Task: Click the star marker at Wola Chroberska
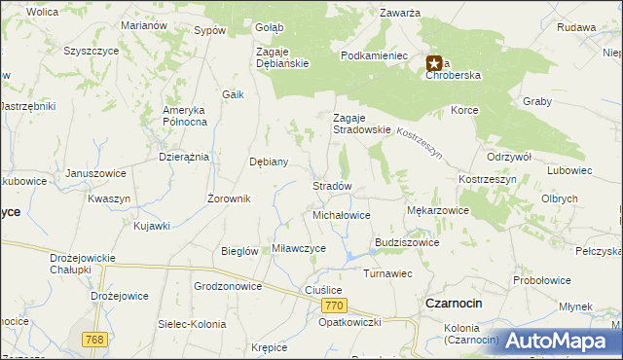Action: pyautogui.click(x=433, y=64)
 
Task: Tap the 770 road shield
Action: pyautogui.click(x=333, y=306)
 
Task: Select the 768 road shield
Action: pyautogui.click(x=93, y=339)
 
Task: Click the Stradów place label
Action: pyautogui.click(x=331, y=185)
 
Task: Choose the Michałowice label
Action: pyautogui.click(x=342, y=214)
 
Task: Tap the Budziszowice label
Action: pyautogui.click(x=407, y=242)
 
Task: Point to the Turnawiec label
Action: pyautogui.click(x=389, y=273)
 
